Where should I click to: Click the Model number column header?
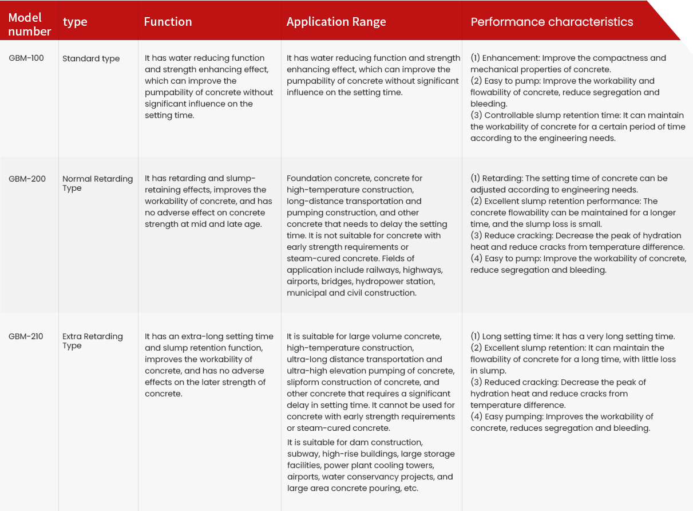coord(30,25)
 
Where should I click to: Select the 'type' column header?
coord(75,22)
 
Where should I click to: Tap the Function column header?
coord(168,22)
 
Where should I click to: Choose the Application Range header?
coord(336,22)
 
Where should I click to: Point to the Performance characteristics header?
coord(552,22)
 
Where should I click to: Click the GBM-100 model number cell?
coord(26,58)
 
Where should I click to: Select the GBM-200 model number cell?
coord(27,179)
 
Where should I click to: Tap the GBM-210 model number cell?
coord(26,336)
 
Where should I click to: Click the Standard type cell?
coord(91,58)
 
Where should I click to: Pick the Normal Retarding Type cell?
coord(97,183)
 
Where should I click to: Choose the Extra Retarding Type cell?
coord(93,341)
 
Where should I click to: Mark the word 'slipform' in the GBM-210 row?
coord(305,382)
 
